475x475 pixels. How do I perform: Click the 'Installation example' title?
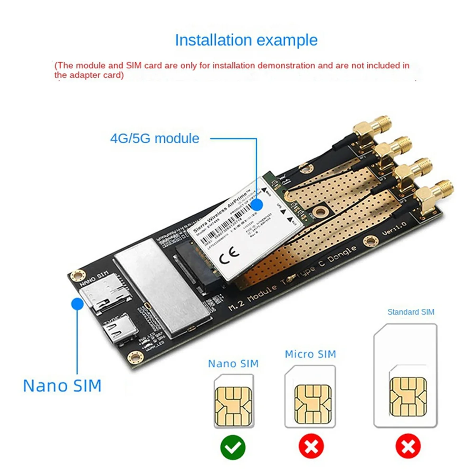[246, 40]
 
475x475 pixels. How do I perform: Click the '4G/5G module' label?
[154, 139]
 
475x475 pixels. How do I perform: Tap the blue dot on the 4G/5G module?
[257, 205]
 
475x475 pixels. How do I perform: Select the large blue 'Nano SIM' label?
[62, 386]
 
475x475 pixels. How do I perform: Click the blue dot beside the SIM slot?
[77, 304]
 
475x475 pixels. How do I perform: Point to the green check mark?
[233, 447]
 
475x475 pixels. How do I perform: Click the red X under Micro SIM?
[311, 447]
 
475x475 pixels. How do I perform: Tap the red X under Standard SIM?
[408, 447]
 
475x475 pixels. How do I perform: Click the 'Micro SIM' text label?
[310, 354]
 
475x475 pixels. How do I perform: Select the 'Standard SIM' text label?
[410, 312]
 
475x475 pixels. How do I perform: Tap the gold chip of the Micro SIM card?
[313, 404]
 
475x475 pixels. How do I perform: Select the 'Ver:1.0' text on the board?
[394, 228]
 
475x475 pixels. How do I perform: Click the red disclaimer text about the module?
[232, 70]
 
